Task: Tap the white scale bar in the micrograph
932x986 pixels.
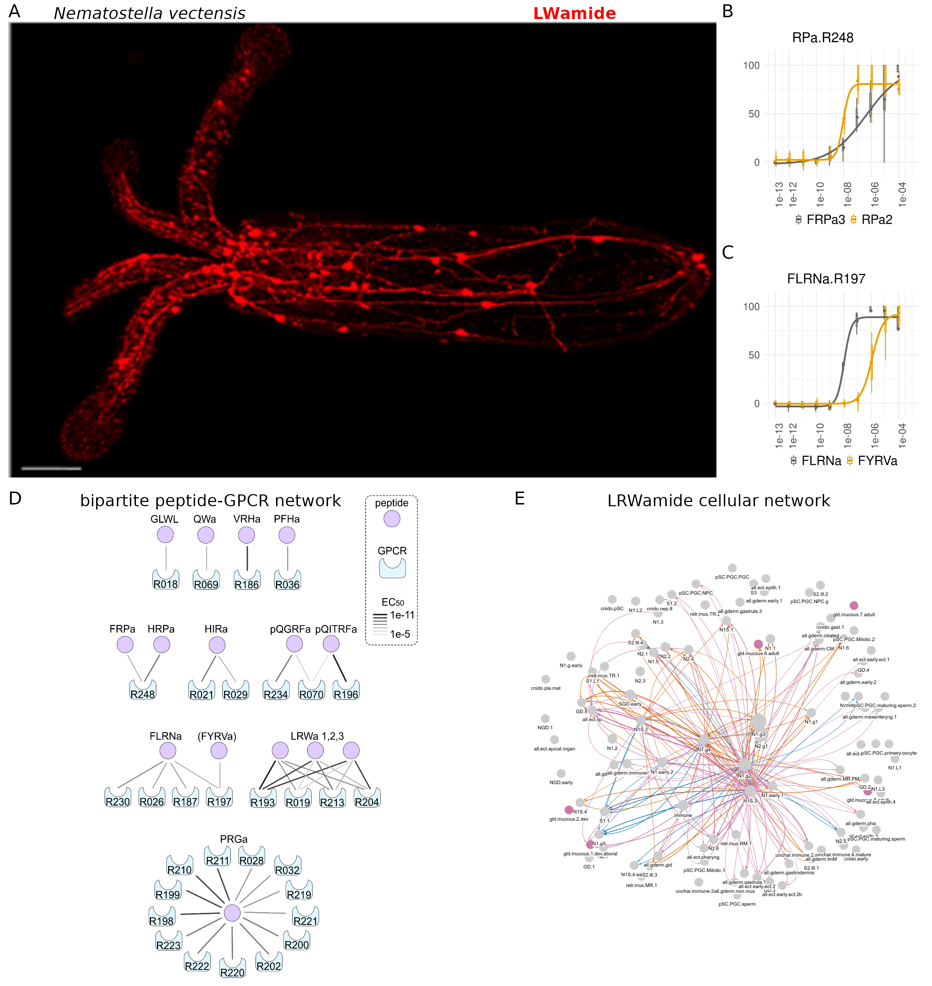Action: pyautogui.click(x=51, y=468)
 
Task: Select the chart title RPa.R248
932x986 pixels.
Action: pyautogui.click(x=822, y=38)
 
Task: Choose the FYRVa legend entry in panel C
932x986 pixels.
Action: pyautogui.click(x=872, y=461)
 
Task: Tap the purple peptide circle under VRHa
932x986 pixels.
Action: pyautogui.click(x=246, y=535)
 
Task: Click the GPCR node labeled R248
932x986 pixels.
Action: pyautogui.click(x=143, y=690)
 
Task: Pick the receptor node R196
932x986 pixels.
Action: pyautogui.click(x=346, y=690)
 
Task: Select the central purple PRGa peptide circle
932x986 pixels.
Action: pyautogui.click(x=232, y=913)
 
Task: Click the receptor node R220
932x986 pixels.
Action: pyautogui.click(x=233, y=968)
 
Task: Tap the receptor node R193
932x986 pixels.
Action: pyautogui.click(x=263, y=798)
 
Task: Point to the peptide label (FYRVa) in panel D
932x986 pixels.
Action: pyautogui.click(x=217, y=736)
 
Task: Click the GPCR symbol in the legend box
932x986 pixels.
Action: pyautogui.click(x=392, y=568)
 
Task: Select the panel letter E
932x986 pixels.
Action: pyautogui.click(x=520, y=498)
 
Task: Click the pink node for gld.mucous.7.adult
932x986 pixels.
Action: pyautogui.click(x=853, y=605)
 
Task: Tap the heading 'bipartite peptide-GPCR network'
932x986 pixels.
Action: pyautogui.click(x=211, y=501)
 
